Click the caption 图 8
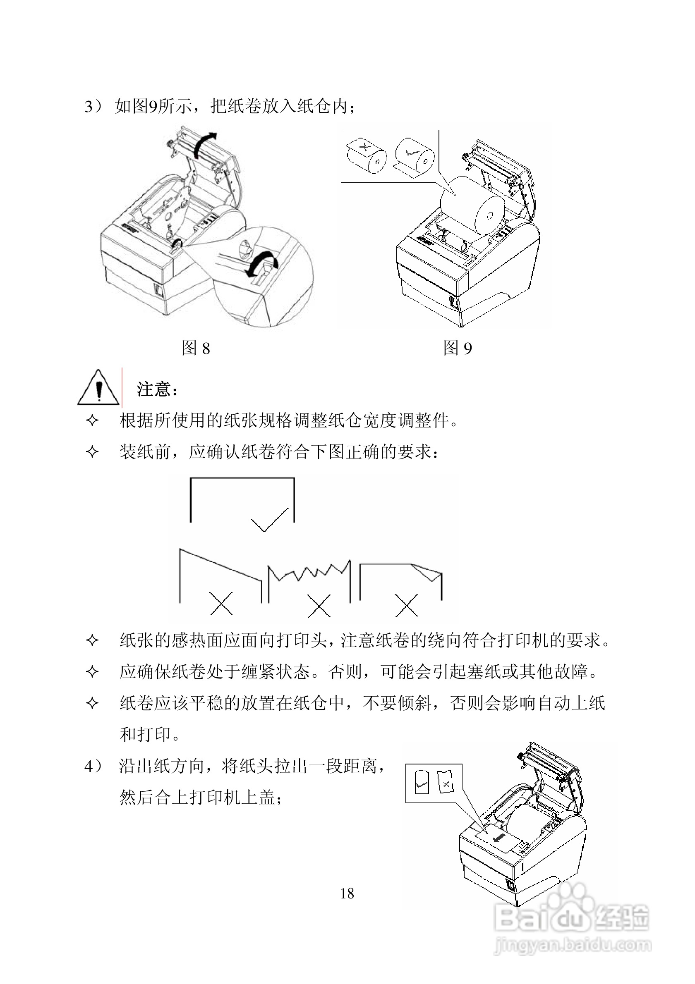196,348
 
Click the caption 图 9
458,348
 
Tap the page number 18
347,893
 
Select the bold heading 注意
155,389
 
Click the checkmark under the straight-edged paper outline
269,520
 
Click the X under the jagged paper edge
319,605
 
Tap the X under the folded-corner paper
407,605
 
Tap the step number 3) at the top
93,106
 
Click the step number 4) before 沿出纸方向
93,766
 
